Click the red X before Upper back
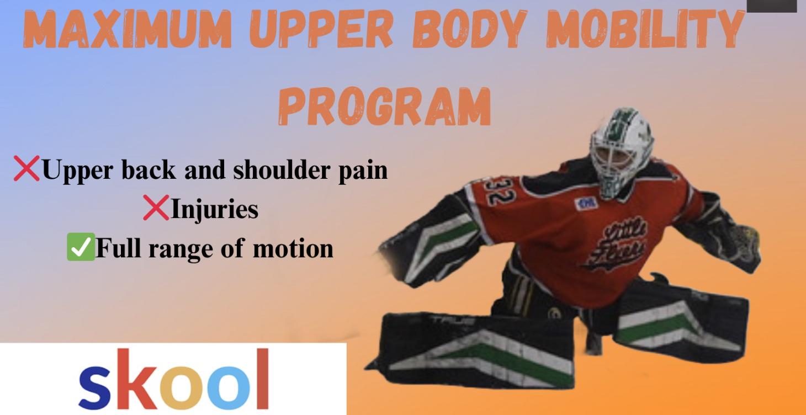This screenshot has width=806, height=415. tap(27, 170)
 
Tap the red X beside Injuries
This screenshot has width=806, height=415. tap(156, 209)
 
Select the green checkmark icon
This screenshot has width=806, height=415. tap(80, 248)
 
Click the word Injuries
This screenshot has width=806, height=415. tap(214, 209)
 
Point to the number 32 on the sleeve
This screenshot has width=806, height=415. tap(495, 194)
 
